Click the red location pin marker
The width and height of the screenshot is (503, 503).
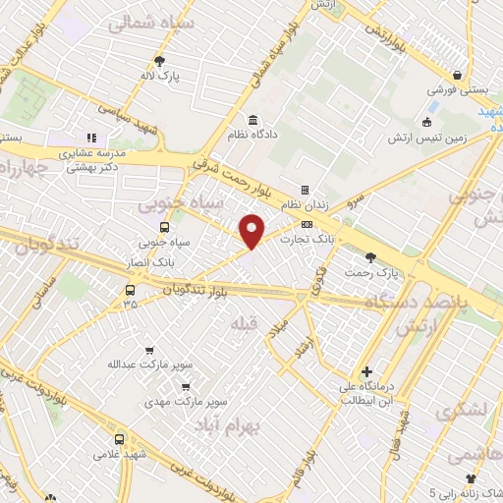[252, 230]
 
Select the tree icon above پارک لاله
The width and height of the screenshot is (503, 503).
[160, 60]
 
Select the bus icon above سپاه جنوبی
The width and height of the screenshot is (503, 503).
[163, 226]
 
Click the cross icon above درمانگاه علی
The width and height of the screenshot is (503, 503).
[366, 372]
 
